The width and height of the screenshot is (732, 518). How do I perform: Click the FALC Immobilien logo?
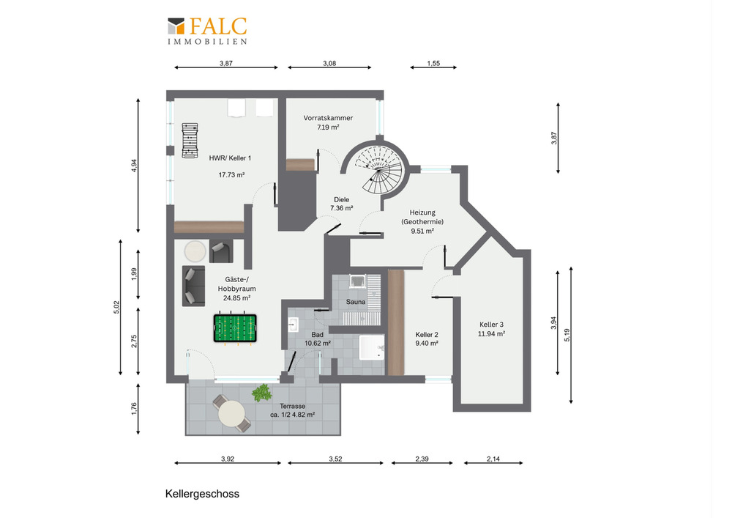[207, 31]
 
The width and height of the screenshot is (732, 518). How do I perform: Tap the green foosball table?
[235, 328]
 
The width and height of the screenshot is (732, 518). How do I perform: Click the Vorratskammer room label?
[328, 118]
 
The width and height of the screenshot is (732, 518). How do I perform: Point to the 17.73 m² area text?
[231, 175]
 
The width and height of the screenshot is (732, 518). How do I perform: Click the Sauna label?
[356, 302]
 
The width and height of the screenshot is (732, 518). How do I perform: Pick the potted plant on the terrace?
[262, 393]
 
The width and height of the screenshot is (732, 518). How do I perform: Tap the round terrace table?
[231, 414]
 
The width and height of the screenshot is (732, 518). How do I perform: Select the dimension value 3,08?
[329, 63]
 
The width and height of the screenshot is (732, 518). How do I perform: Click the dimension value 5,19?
[567, 335]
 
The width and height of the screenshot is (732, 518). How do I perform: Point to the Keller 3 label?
[492, 325]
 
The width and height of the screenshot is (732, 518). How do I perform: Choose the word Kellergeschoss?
[202, 494]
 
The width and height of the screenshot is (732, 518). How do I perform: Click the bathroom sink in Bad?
[294, 324]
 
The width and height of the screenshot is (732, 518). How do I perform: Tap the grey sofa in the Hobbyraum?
[193, 286]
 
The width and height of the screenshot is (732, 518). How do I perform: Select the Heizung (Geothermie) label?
[422, 217]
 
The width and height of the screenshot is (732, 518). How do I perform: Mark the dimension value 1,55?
[433, 63]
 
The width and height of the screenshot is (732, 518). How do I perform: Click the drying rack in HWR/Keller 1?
[190, 141]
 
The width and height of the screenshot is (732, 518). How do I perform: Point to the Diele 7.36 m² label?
[342, 204]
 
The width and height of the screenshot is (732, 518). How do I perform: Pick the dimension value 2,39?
[422, 459]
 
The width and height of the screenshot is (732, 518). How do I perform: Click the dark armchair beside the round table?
[221, 251]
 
